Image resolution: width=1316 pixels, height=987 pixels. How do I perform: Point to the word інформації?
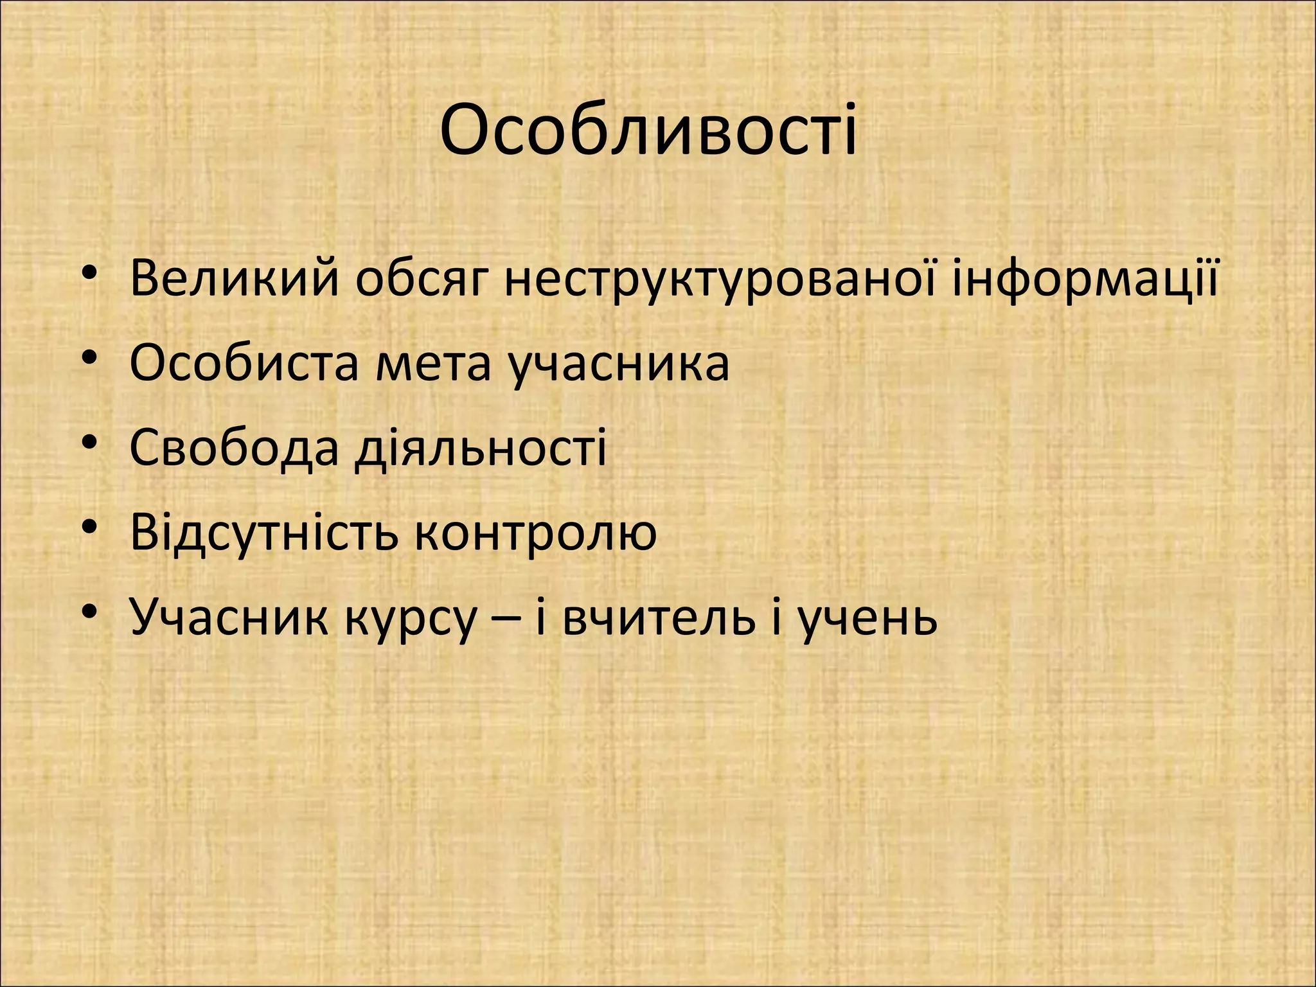pos(1085,279)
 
